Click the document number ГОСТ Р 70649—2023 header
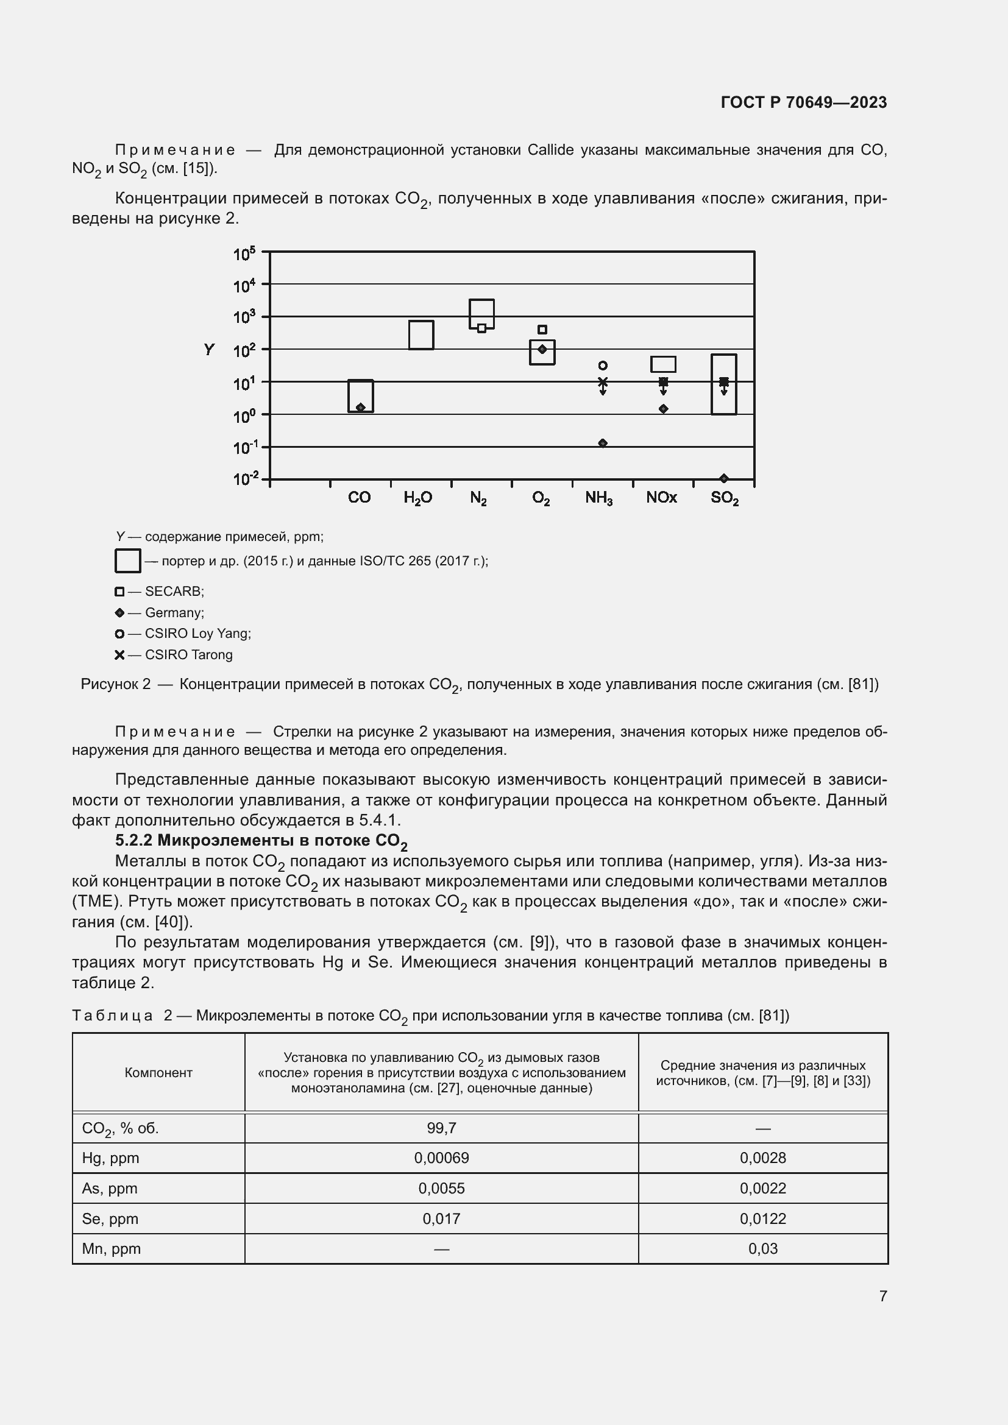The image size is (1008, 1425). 803,102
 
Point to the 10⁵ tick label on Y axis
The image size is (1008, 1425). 244,254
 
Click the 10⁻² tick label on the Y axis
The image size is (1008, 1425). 244,478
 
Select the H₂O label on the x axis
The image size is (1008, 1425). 417,498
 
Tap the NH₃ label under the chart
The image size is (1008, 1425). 599,498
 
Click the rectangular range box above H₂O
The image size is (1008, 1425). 421,335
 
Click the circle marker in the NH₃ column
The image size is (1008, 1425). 602,366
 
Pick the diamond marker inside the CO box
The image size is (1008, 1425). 361,407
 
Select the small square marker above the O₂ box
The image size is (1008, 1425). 542,330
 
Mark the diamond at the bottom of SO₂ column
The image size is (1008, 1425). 724,478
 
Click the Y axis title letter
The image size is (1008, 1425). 209,350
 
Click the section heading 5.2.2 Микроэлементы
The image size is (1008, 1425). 261,841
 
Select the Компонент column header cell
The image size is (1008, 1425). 158,1072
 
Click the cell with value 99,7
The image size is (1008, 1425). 441,1128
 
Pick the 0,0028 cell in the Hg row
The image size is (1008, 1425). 762,1158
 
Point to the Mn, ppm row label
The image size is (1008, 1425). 112,1249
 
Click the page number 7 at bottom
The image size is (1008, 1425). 882,1296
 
